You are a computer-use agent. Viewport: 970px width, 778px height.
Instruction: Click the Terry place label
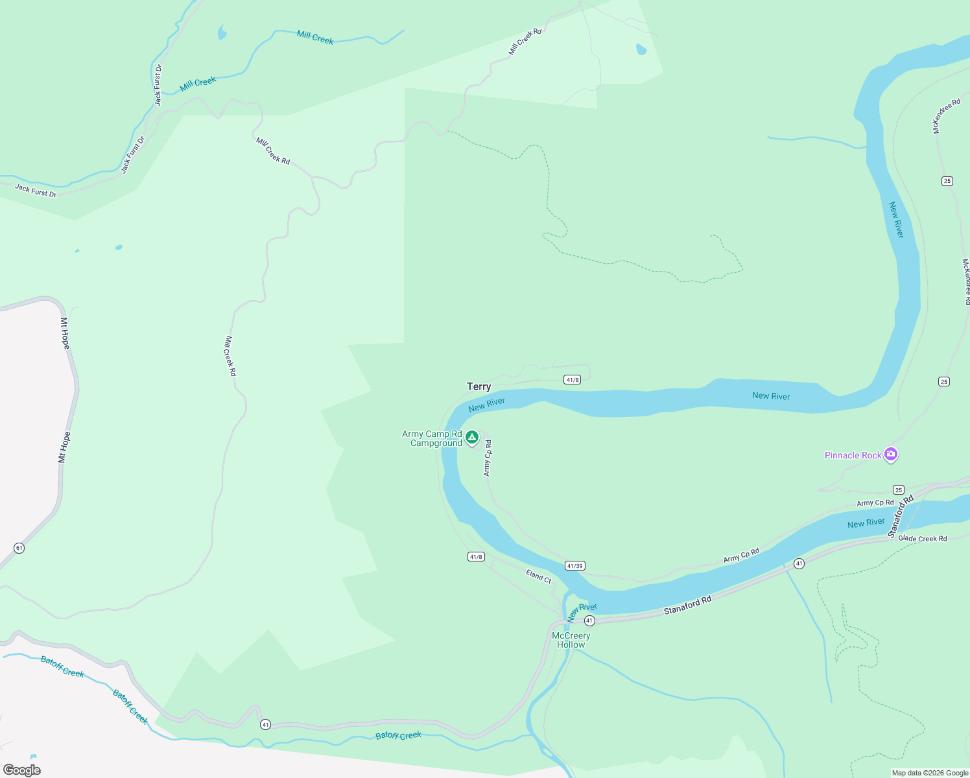click(479, 386)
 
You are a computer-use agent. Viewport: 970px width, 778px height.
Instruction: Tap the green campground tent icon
click(472, 438)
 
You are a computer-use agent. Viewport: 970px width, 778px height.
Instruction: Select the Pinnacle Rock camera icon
click(891, 454)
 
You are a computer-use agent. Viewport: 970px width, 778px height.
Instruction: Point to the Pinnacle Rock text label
click(853, 456)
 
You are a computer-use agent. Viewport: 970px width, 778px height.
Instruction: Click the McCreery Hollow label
click(571, 640)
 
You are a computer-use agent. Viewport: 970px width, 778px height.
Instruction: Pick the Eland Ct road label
click(539, 576)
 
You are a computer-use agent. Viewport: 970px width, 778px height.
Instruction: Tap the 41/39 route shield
click(575, 565)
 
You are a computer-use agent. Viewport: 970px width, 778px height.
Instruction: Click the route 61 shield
click(19, 548)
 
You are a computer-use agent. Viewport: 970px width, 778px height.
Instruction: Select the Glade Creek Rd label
click(923, 538)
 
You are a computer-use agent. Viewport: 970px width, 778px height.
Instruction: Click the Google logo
click(22, 770)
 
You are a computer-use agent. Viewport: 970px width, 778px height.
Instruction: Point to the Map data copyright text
click(930, 773)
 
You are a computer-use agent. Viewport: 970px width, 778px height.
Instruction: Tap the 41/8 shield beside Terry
click(572, 380)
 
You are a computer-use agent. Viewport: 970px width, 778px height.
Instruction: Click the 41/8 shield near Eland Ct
click(476, 556)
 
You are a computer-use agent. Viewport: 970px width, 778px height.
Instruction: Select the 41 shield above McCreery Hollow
click(589, 620)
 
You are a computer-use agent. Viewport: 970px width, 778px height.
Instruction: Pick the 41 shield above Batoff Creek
click(265, 724)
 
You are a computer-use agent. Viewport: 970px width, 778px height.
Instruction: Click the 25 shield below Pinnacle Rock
click(898, 489)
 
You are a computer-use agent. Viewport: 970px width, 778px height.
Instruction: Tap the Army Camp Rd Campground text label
click(432, 439)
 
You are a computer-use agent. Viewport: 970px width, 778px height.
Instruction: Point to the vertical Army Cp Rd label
click(488, 458)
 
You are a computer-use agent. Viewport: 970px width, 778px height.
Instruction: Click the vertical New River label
click(896, 220)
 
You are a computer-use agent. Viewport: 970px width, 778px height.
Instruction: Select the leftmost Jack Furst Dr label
click(36, 191)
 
